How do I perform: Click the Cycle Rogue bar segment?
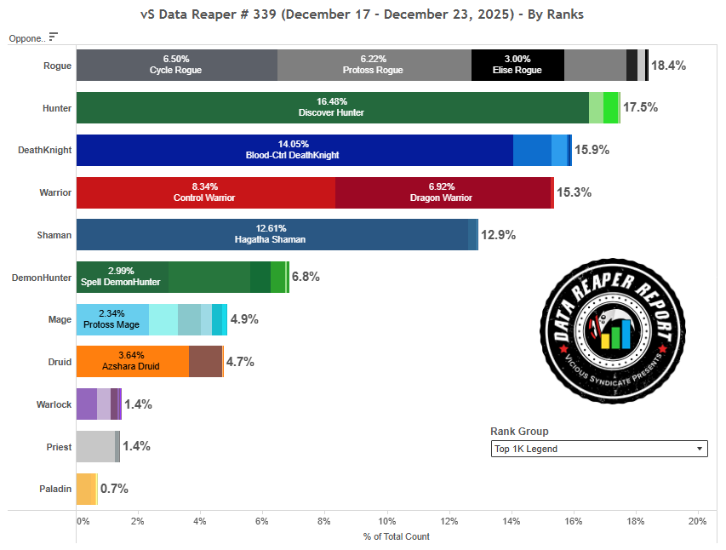coord(176,65)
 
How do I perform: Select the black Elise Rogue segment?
coord(517,65)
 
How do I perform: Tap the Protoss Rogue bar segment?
coord(374,65)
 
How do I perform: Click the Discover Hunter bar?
coord(332,107)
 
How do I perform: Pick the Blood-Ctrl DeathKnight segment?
coord(294,150)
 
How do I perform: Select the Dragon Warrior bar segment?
coord(443,192)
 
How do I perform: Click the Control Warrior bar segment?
coord(205,192)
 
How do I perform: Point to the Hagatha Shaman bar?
coord(272,234)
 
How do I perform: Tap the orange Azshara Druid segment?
coord(132,362)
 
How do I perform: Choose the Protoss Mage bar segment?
coord(112,319)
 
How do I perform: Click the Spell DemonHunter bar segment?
coord(122,277)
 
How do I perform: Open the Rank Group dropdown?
coord(599,449)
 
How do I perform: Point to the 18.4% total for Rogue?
coord(668,66)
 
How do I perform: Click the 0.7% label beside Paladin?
coord(114,490)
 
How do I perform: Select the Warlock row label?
coord(54,404)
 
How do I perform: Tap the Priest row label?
coord(59,447)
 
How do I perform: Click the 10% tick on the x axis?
coord(387,521)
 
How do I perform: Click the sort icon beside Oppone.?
coord(54,37)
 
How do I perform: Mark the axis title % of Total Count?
coord(396,536)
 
